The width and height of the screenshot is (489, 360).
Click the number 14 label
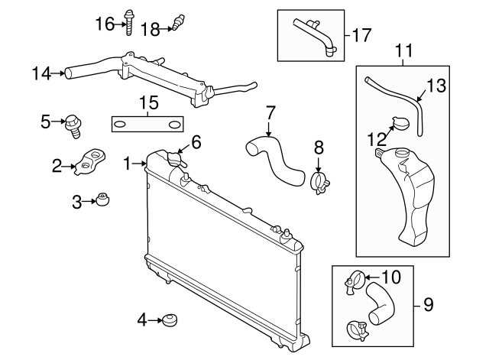tap(41, 73)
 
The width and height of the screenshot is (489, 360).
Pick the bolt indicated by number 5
tap(75, 124)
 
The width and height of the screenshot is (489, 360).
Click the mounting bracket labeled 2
tap(90, 162)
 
